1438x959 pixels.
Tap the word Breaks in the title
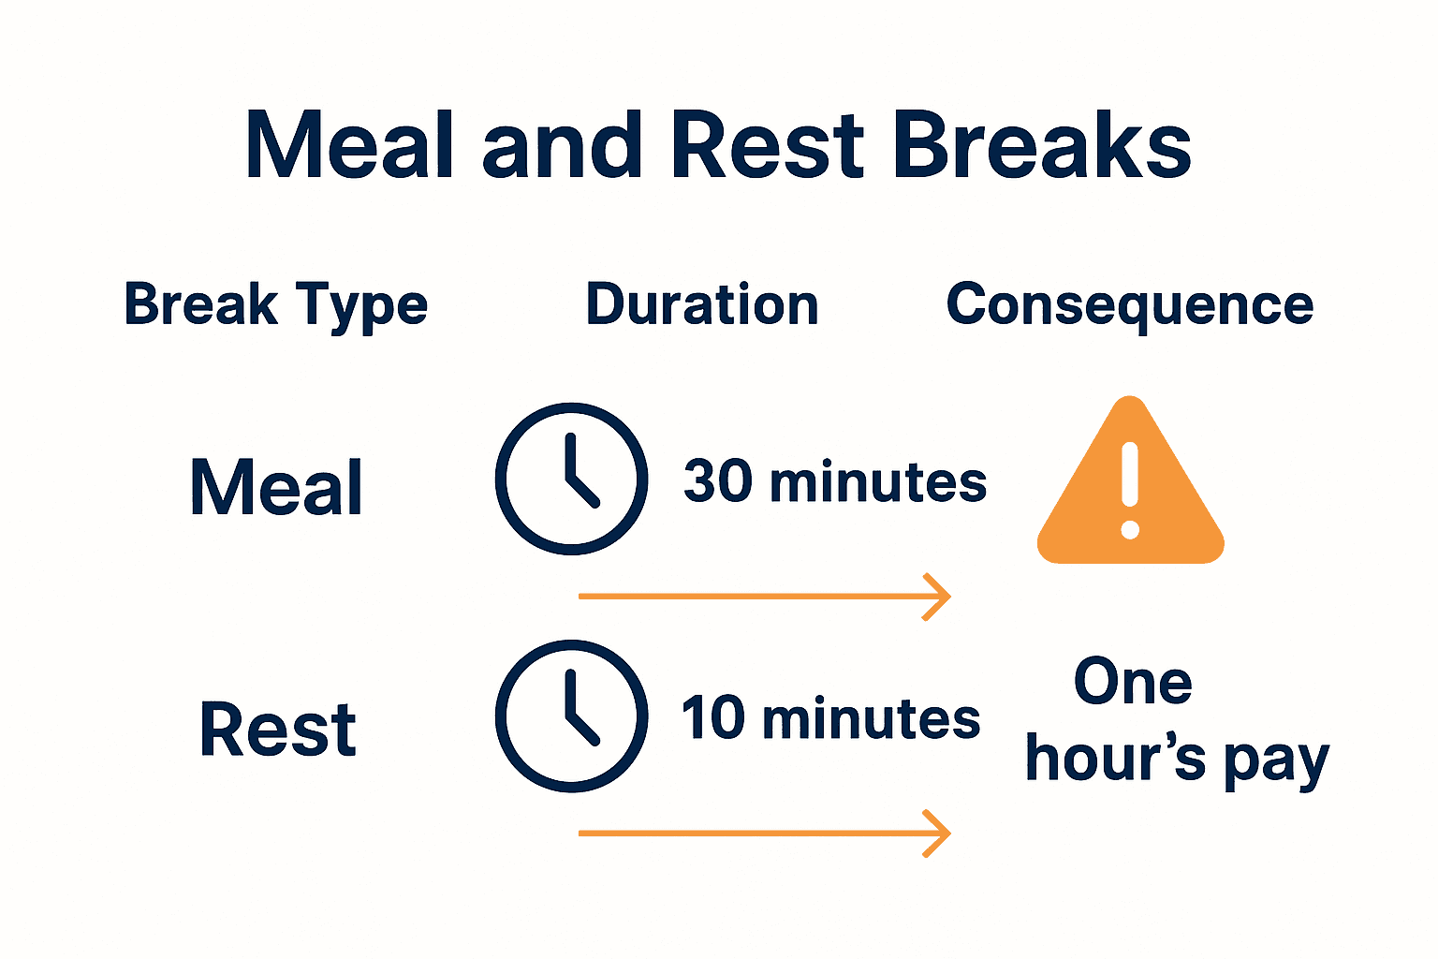click(x=1041, y=146)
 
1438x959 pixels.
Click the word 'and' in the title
click(x=562, y=146)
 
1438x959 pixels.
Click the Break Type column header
click(x=275, y=306)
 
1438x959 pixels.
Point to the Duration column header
click(x=701, y=305)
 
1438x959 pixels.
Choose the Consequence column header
click(x=1129, y=305)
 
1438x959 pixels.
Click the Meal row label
click(x=276, y=487)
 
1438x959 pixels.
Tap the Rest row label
click(x=277, y=729)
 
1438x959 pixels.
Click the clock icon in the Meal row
click(x=571, y=479)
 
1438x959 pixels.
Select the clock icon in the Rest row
click(x=571, y=716)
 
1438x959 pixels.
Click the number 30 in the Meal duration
click(x=718, y=481)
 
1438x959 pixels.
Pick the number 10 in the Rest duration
click(x=713, y=718)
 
